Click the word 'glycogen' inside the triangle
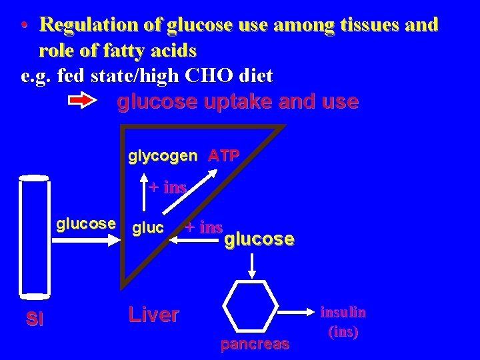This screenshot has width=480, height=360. tap(163, 156)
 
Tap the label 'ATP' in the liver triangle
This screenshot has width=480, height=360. tap(224, 156)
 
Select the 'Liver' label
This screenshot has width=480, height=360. tap(153, 315)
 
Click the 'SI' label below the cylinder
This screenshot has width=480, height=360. tap(35, 319)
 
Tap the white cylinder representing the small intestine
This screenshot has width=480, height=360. tap(34, 234)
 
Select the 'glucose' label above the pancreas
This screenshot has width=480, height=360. tap(259, 239)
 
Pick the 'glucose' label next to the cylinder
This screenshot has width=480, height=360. tap(87, 223)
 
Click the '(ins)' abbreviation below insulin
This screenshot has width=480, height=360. tap(343, 331)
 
